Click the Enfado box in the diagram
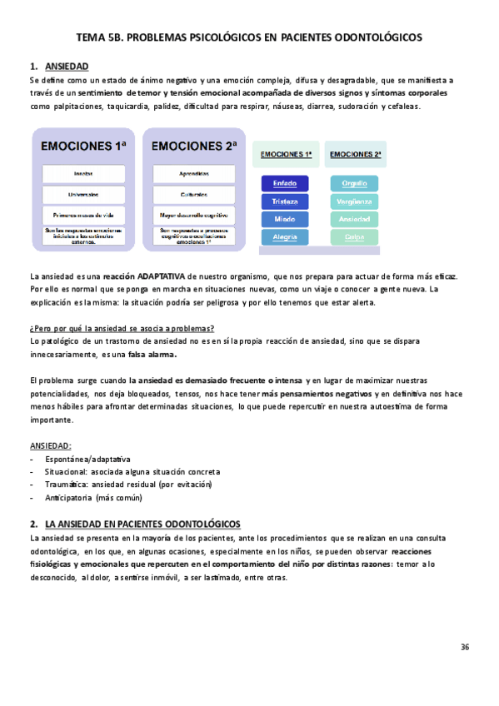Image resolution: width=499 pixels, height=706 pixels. coord(285,183)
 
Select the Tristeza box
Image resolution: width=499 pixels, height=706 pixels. coord(285,201)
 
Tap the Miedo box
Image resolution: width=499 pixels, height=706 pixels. coord(285,219)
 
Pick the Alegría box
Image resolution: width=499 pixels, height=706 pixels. coord(285,237)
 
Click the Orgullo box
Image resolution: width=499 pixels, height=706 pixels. coord(354,183)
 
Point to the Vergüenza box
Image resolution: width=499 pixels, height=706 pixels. coord(354,201)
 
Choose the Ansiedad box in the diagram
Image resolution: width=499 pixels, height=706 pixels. coord(354,219)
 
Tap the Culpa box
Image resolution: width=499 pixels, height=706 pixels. coord(354,237)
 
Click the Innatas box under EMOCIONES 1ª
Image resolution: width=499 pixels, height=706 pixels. coord(83,174)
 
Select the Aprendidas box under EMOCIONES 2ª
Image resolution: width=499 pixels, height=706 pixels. coord(193,174)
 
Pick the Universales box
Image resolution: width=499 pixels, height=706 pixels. coord(83,194)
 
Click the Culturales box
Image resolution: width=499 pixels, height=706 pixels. coord(193,194)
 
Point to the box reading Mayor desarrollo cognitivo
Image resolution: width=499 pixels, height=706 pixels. coord(193,215)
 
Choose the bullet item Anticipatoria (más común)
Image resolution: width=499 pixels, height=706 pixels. coord(93,498)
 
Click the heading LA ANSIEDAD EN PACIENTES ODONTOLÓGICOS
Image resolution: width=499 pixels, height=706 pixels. coord(142,524)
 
